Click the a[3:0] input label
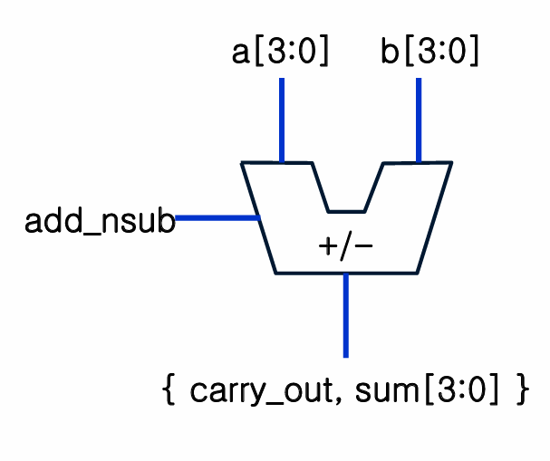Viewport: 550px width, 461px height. (280, 53)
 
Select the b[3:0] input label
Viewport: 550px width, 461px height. (429, 53)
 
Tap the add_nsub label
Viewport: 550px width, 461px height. (99, 222)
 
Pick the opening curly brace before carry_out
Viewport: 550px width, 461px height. (168, 391)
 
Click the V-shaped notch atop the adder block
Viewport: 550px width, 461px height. (347, 195)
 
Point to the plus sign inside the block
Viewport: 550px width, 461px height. (328, 246)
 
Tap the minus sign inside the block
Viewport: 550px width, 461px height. (362, 246)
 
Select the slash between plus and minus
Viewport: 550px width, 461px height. (345, 246)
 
